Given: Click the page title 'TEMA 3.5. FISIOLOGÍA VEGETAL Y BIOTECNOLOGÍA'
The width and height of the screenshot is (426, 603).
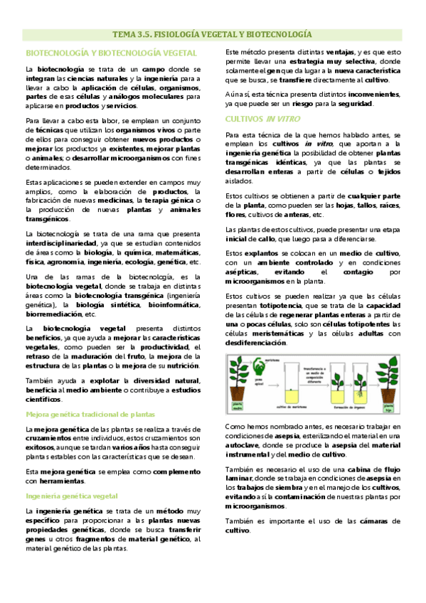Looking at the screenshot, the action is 213,34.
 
